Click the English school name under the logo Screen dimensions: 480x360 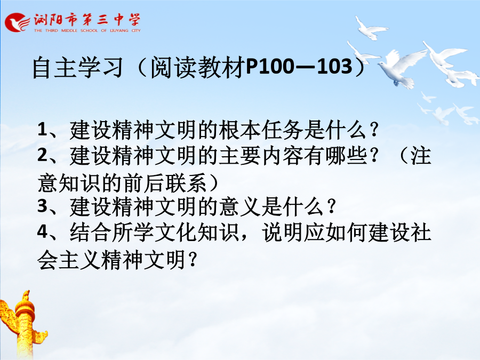(87, 30)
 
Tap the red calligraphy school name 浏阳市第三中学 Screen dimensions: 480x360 (87, 20)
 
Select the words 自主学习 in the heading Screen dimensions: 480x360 (78, 67)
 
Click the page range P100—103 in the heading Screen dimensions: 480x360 (299, 67)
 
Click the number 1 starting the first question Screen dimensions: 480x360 (42, 129)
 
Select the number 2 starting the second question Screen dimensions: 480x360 (42, 155)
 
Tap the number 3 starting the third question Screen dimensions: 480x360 (42, 206)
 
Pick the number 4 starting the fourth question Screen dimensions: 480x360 (42, 231)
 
